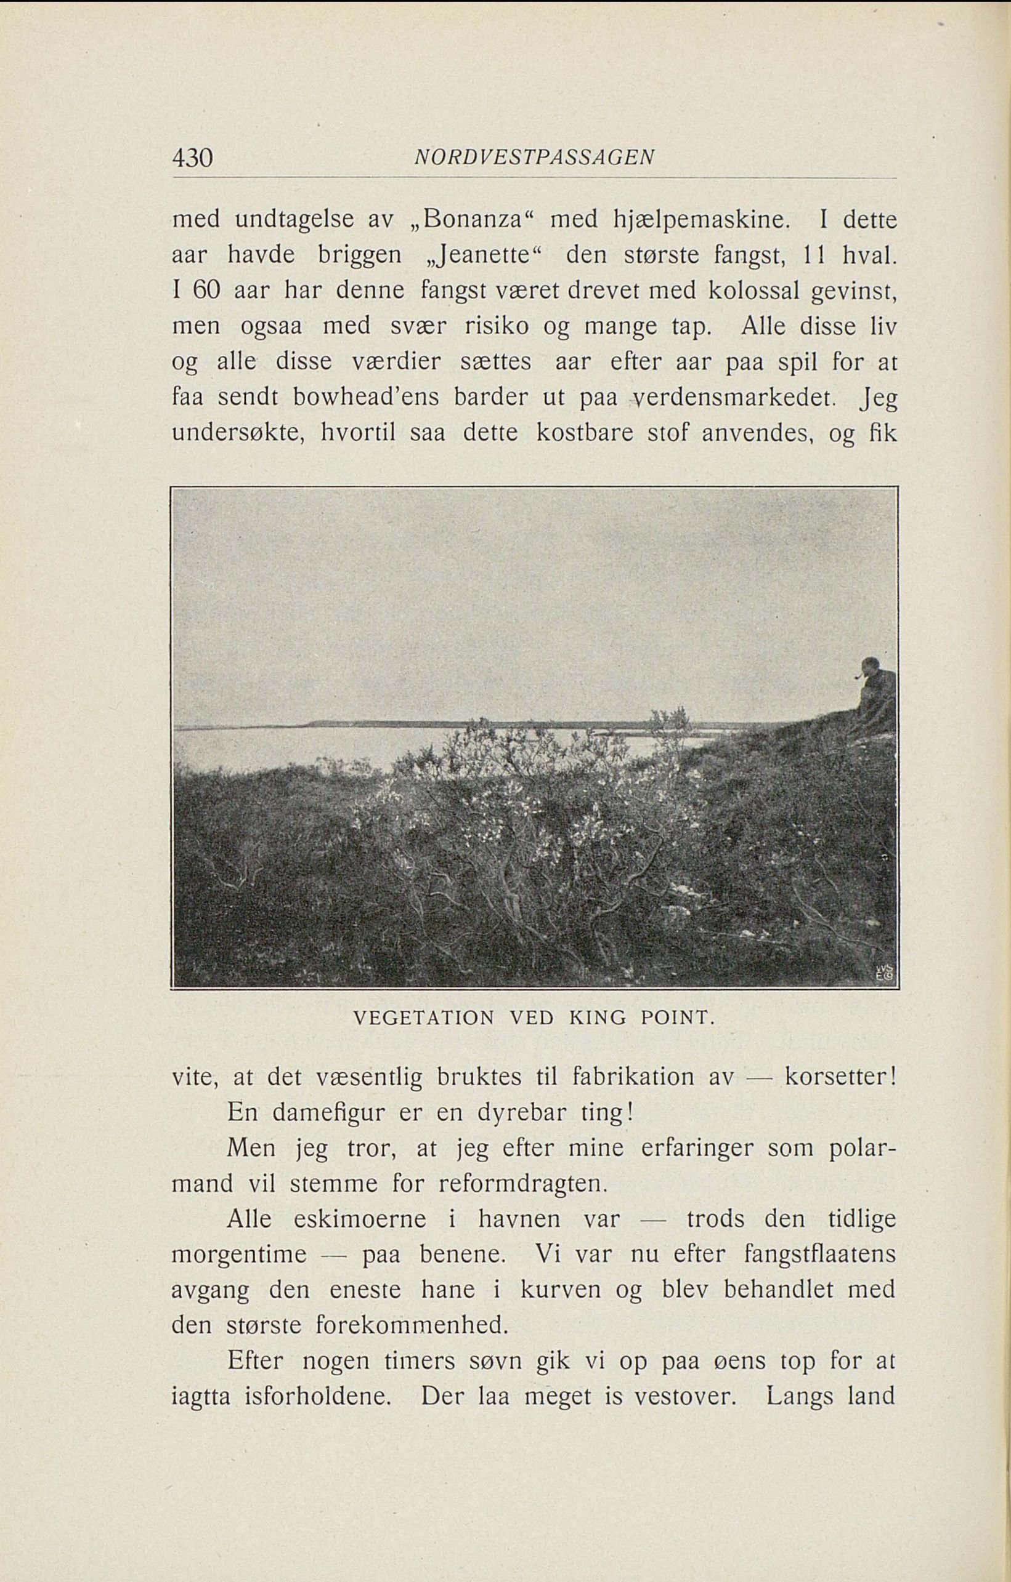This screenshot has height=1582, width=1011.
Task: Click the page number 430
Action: [192, 158]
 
